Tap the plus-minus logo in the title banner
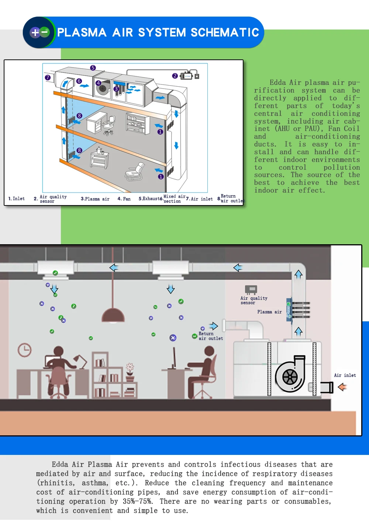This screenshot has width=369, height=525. [39, 32]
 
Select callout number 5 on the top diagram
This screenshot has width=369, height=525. [93, 68]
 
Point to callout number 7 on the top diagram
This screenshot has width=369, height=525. [48, 77]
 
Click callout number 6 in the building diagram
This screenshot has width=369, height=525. [79, 81]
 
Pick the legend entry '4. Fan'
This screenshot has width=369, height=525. [124, 199]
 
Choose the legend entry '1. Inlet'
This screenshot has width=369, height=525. [17, 199]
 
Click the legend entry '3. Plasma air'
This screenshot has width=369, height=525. [95, 199]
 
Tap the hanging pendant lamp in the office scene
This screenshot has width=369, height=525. [113, 315]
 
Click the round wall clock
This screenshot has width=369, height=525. [25, 350]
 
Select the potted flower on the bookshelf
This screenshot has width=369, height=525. [130, 372]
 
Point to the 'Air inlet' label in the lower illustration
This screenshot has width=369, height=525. [345, 375]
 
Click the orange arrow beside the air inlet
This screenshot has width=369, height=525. [342, 387]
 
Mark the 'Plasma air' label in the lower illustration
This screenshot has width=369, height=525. [269, 312]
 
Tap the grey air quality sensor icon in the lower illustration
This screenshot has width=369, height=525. [251, 290]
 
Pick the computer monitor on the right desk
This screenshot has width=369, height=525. [174, 358]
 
